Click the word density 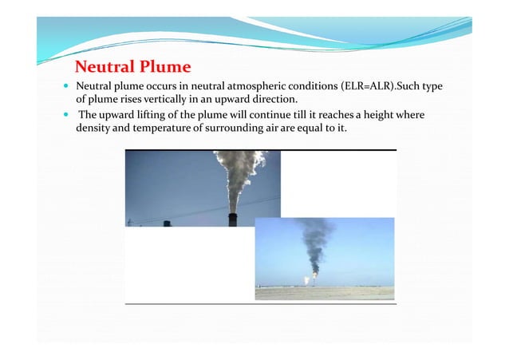click(93, 129)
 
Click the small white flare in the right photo click(305, 279)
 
